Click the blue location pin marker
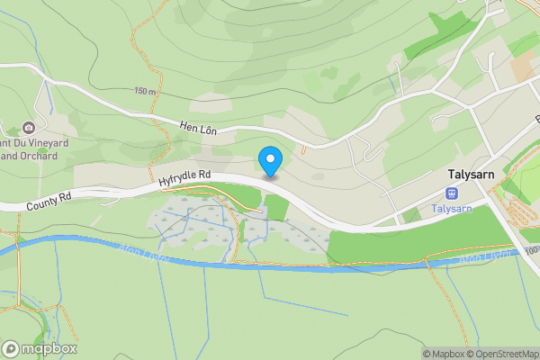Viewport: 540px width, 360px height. coord(270,160)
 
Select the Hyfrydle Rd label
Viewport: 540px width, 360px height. coord(184,179)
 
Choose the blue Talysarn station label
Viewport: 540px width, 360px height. coord(451,209)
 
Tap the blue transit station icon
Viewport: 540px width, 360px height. coord(451,193)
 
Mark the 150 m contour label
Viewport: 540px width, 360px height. coord(145,92)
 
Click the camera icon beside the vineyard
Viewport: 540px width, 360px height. coord(28,127)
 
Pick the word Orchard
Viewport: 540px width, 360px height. coord(41,156)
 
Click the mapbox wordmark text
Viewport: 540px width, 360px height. coord(49,349)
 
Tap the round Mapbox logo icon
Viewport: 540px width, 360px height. coord(11,349)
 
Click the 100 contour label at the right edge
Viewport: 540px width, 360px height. coord(531,247)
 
